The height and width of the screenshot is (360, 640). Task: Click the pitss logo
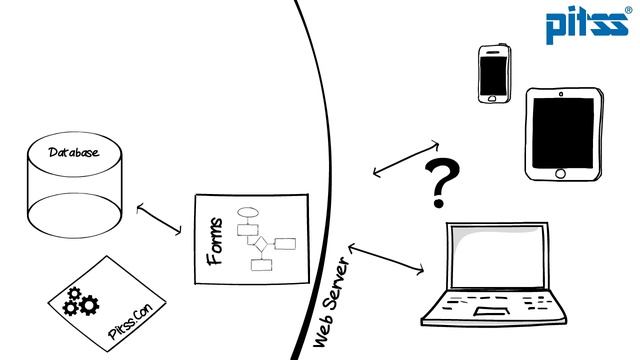587,24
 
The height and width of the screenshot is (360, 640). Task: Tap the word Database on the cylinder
74,152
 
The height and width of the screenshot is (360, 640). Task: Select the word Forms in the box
215,242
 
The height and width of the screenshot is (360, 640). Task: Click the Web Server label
332,302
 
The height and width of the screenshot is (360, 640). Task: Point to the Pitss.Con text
130,321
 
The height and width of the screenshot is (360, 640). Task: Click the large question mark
441,182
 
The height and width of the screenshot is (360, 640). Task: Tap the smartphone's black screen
493,76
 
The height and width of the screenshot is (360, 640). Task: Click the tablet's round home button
560,173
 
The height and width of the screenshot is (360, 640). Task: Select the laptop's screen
498,256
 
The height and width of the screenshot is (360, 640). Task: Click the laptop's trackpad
492,311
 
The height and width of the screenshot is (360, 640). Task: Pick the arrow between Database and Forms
159,220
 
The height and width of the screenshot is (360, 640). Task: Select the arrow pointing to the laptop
386,259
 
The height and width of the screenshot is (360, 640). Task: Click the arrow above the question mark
406,159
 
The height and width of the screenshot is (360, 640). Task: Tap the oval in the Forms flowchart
248,212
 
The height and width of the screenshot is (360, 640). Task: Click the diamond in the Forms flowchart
261,244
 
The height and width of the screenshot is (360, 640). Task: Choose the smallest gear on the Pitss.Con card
74,293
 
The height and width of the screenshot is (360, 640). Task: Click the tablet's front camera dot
561,94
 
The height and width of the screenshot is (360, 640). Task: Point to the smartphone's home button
492,98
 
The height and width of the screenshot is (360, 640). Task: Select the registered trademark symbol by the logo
629,10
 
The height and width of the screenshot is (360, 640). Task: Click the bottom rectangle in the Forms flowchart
261,265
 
